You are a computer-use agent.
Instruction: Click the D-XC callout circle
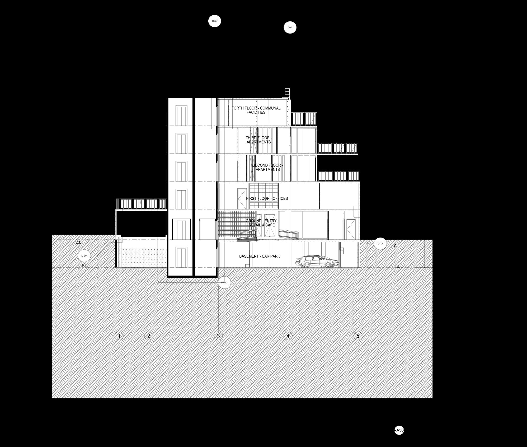[x=214, y=21]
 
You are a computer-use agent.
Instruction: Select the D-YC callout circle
[x=290, y=27]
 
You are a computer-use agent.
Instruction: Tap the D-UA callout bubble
[x=84, y=256]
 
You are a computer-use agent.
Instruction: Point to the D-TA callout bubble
[x=380, y=244]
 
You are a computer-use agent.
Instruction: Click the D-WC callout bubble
[x=224, y=282]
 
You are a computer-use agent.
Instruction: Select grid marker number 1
[x=119, y=336]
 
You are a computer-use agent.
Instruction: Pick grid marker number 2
[x=149, y=336]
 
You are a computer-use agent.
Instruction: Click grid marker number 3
[x=218, y=336]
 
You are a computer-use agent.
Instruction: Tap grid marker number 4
[x=288, y=336]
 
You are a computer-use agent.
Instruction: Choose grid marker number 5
[x=358, y=336]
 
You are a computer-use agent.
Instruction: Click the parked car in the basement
[x=317, y=262]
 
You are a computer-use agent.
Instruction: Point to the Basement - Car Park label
[x=260, y=256]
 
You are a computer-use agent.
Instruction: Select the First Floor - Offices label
[x=267, y=198]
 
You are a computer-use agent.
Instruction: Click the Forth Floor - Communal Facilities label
[x=256, y=110]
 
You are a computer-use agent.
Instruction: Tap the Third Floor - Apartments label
[x=258, y=140]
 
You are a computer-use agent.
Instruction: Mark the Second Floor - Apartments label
[x=268, y=167]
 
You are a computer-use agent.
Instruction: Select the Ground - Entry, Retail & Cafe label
[x=261, y=223]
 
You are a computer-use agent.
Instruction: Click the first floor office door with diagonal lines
[x=242, y=199]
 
